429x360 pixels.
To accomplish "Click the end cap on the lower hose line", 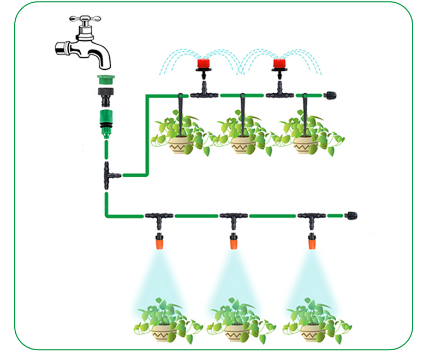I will tap(352, 215).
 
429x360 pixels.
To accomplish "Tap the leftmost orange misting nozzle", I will tap(159, 241).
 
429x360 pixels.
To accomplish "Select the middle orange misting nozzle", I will tap(234, 241).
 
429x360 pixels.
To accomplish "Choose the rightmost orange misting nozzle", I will tap(312, 241).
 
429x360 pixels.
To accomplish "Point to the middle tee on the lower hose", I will tap(234, 218).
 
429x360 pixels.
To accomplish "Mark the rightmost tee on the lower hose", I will tap(312, 218).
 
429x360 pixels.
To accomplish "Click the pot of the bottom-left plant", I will tap(163, 332).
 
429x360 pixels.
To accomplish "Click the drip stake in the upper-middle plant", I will tap(242, 117).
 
